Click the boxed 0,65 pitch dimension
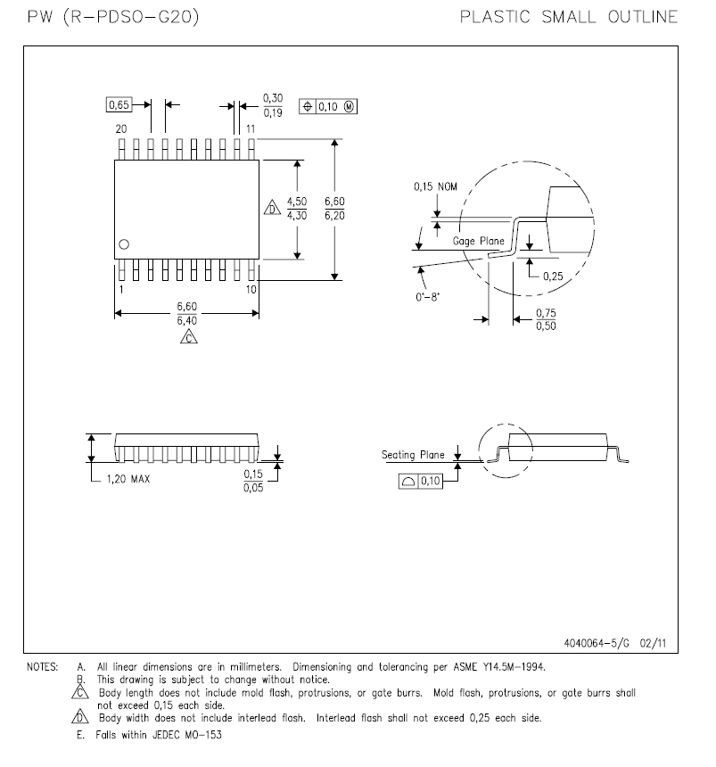point(119,105)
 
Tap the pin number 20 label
point(120,129)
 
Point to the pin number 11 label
point(251,129)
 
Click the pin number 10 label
point(251,289)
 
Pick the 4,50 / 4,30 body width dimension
point(296,208)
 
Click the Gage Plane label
point(479,241)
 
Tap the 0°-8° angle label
point(428,297)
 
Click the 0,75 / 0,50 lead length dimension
point(545,319)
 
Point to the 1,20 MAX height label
point(125,479)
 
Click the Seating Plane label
point(413,455)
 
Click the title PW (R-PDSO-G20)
point(111,17)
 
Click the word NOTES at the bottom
point(42,666)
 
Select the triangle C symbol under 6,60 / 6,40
point(187,337)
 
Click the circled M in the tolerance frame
point(349,106)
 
